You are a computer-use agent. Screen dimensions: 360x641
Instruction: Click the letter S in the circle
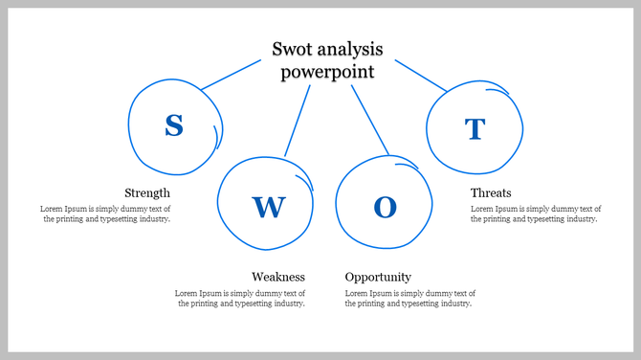pos(173,125)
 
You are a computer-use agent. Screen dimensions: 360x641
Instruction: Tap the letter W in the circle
pos(268,206)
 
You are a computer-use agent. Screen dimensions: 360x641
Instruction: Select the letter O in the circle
pos(385,207)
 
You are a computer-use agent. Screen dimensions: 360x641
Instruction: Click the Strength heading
pos(147,192)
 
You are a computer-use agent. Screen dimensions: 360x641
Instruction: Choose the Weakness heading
pos(278,277)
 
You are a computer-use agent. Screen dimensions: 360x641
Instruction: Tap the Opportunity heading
pos(378,277)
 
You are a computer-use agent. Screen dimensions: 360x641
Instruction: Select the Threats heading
pos(491,192)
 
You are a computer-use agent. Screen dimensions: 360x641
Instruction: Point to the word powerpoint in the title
pos(327,72)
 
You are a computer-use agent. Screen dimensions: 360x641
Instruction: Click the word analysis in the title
pos(349,49)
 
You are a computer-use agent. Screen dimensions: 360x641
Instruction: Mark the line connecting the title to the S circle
pos(231,76)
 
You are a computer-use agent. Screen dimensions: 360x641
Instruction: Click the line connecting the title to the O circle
pos(369,120)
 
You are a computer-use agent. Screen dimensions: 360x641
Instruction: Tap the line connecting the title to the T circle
pos(421,76)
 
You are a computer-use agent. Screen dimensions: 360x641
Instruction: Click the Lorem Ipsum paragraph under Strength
pos(105,214)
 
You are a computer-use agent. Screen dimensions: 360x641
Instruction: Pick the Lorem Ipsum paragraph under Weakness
pos(240,298)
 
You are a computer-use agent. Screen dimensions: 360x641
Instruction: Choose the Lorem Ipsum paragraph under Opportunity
pos(409,298)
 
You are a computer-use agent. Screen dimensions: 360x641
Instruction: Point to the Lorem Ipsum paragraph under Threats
pos(535,214)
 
